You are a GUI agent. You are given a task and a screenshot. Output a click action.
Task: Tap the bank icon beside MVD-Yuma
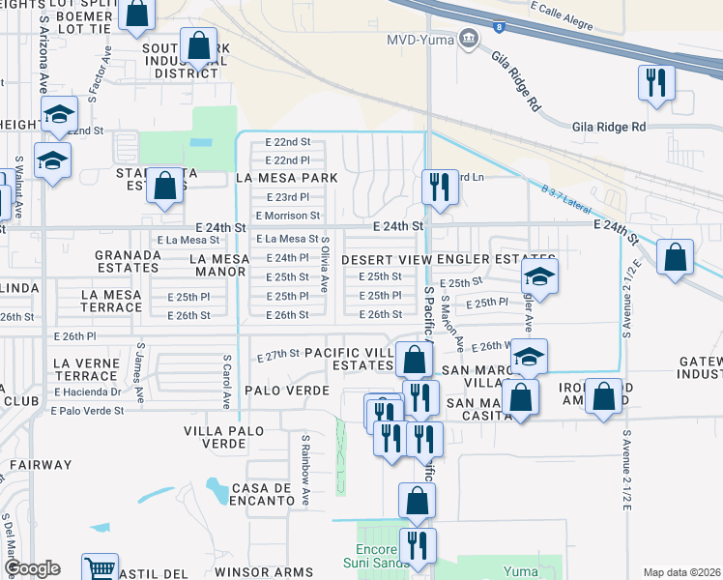coord(470,40)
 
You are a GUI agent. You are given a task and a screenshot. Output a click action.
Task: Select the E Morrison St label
coord(287,216)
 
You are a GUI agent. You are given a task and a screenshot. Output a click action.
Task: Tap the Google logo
coord(31,569)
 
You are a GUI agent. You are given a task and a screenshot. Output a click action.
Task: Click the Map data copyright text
coord(681,572)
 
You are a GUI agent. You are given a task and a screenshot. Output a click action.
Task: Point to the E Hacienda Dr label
coord(88,392)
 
